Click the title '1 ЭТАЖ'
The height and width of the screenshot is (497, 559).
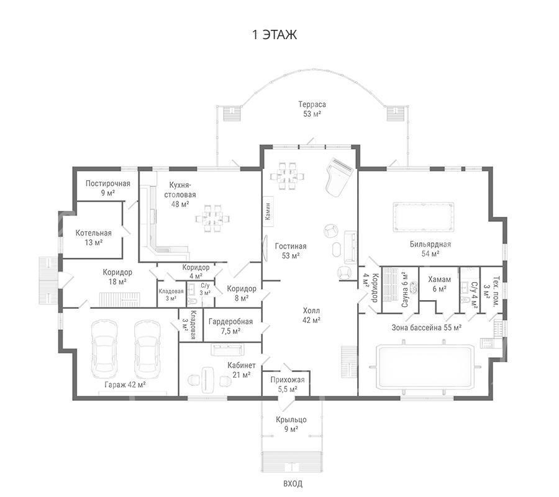[x=274, y=35]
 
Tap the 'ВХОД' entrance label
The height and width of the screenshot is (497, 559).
[x=293, y=483]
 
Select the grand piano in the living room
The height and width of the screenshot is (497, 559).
[x=339, y=177]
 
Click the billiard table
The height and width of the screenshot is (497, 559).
[x=424, y=217]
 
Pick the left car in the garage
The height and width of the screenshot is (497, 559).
[x=104, y=349]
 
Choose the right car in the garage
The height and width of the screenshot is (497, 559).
[x=147, y=349]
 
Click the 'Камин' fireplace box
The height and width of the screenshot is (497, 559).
[x=268, y=211]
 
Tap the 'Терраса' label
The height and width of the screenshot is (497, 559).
[x=312, y=104]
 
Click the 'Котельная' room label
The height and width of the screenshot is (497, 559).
[x=93, y=233]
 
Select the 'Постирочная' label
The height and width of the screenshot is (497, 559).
[x=107, y=183]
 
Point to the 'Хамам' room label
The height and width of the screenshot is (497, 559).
[x=439, y=279]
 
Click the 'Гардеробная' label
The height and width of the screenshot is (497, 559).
[x=230, y=322]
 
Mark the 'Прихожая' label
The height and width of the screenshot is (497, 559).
[x=288, y=380]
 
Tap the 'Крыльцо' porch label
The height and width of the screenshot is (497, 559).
[x=291, y=419]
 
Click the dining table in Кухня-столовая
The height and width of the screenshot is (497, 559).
[x=213, y=218]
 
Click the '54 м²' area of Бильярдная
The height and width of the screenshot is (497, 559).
[x=430, y=254]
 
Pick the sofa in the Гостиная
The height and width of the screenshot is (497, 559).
[x=350, y=247]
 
